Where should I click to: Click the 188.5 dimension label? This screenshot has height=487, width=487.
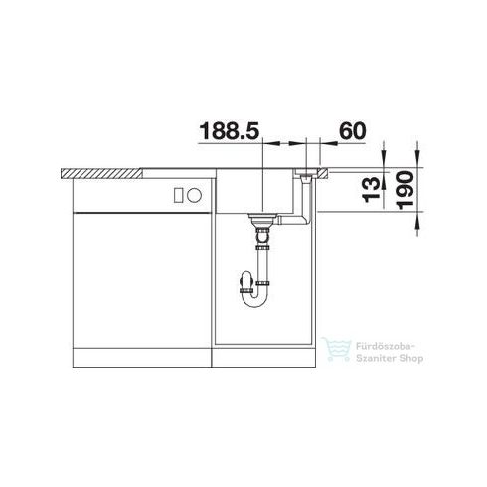(229, 131)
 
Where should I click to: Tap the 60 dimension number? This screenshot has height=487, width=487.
(353, 131)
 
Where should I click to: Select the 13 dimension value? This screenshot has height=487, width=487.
(372, 190)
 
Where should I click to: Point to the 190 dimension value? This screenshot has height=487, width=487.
(406, 190)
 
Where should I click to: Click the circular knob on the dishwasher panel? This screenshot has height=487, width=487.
(194, 195)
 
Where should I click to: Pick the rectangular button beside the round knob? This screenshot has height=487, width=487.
(179, 195)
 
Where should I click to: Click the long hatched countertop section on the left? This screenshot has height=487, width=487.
(102, 174)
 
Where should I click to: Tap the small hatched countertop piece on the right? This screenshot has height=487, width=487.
(323, 174)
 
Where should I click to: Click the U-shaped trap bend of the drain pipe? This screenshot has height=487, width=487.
(254, 302)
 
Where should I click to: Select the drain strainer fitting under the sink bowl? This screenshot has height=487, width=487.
(261, 219)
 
